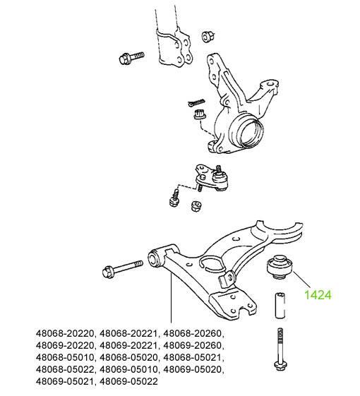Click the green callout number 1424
pyautogui.click(x=318, y=295)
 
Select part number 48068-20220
pyautogui.click(x=65, y=334)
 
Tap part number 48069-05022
pyautogui.click(x=129, y=381)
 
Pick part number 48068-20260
pyautogui.click(x=193, y=334)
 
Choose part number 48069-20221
pyautogui.click(x=129, y=345)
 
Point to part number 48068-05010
pyautogui.click(x=65, y=357)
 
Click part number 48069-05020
pyautogui.click(x=193, y=369)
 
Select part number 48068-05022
pyautogui.click(x=65, y=369)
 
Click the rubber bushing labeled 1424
pyautogui.click(x=280, y=267)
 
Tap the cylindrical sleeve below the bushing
pyautogui.click(x=280, y=306)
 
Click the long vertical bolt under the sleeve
pyautogui.click(x=280, y=349)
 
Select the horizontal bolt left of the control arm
pyautogui.click(x=123, y=269)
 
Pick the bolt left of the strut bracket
pyautogui.click(x=131, y=58)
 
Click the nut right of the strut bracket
pyautogui.click(x=208, y=37)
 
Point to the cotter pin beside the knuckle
pyautogui.click(x=196, y=103)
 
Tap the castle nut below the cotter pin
pyautogui.click(x=200, y=114)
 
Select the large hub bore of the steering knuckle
pyautogui.click(x=251, y=132)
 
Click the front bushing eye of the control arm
pyautogui.click(x=154, y=258)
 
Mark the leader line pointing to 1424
pyautogui.click(x=301, y=280)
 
